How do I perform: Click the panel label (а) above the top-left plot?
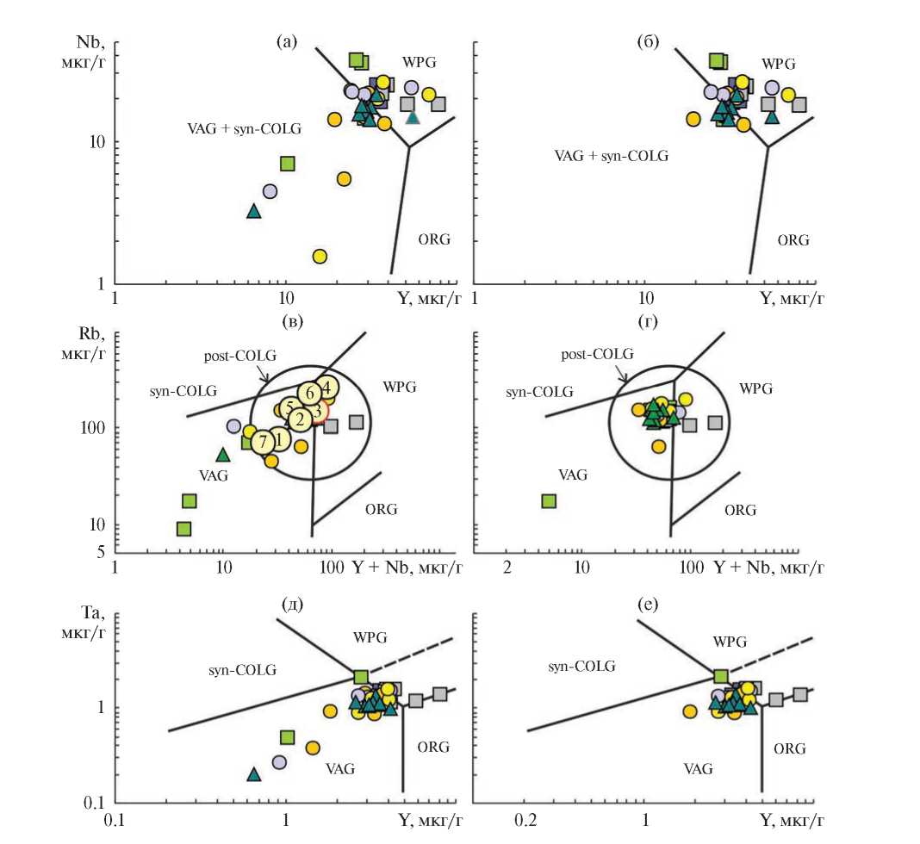287,40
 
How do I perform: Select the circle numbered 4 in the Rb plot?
325,387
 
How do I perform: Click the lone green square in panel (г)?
549,501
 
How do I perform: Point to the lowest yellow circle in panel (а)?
320,256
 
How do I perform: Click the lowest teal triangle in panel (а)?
253,211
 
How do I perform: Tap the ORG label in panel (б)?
793,240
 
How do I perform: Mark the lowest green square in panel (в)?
183,529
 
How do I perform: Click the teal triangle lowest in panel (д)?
253,774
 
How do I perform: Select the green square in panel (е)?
721,676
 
